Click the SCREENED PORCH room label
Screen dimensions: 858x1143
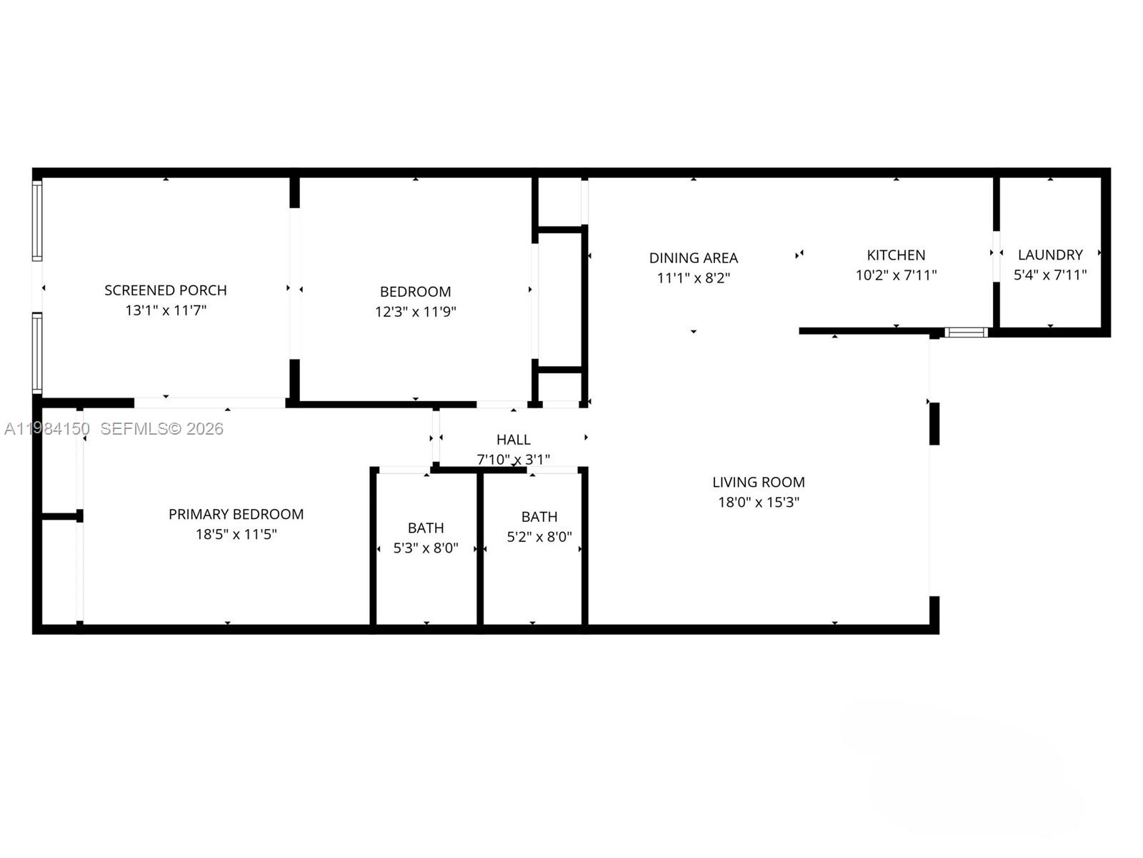(166, 290)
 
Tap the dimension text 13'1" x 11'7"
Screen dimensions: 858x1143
(166, 310)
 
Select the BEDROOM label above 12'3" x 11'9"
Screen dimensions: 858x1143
(415, 292)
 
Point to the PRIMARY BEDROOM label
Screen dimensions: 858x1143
(236, 514)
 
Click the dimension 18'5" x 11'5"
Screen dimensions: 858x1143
(236, 534)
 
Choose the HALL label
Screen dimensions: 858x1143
(514, 440)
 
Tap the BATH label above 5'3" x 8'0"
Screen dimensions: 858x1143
(426, 528)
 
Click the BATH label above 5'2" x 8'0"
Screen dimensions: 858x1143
(539, 516)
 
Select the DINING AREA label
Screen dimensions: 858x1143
(693, 258)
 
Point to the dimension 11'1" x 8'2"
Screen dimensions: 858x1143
(693, 278)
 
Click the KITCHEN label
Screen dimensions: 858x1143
(896, 255)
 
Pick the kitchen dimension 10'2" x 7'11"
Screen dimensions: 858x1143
(896, 275)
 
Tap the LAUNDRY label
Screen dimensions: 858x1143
(1050, 255)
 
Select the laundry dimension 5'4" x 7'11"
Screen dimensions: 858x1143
(1050, 275)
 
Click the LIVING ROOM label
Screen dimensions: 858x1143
(758, 483)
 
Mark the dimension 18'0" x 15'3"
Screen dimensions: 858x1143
(758, 503)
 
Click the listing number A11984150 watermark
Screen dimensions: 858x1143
(47, 429)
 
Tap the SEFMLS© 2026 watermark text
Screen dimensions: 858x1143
(161, 429)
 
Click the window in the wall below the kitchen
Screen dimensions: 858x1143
(966, 332)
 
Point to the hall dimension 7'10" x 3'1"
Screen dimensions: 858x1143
(514, 459)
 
